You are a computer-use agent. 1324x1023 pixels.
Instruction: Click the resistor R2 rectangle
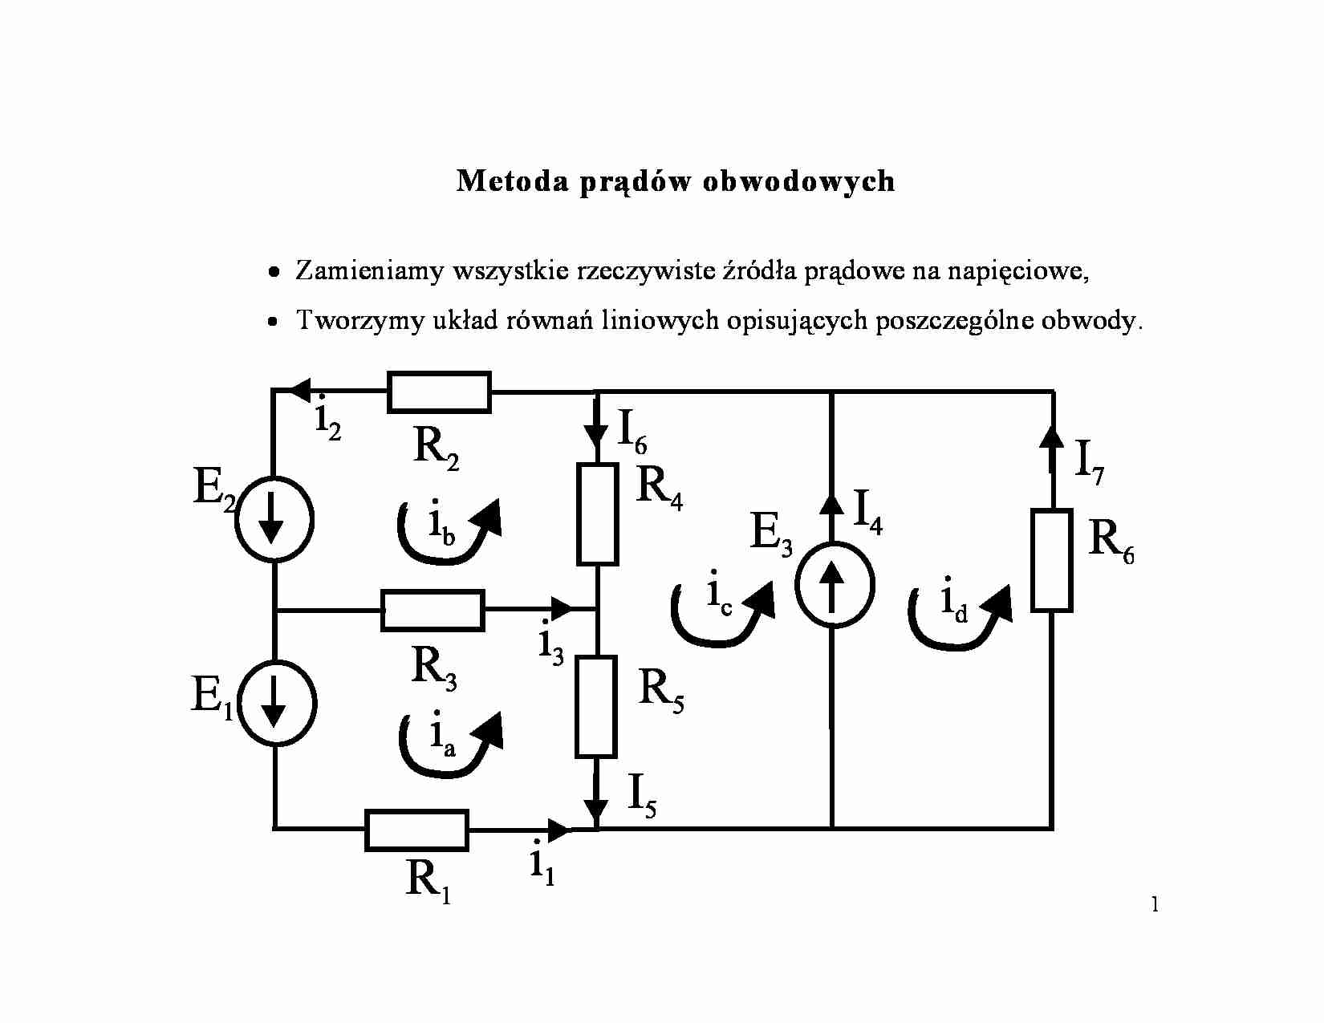(439, 392)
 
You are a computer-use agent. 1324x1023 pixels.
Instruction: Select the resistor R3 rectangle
(433, 611)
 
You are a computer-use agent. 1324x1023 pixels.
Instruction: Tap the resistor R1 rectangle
(416, 830)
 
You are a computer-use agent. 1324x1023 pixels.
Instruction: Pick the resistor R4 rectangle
(598, 514)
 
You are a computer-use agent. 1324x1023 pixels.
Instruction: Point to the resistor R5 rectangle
(596, 707)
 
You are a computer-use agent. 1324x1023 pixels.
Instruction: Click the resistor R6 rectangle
(1051, 561)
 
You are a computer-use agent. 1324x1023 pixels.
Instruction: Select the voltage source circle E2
(274, 520)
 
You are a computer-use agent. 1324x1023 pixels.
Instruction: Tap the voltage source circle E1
(275, 704)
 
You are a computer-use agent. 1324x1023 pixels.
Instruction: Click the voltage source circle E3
(834, 584)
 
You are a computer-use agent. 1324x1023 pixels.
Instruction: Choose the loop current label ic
(719, 595)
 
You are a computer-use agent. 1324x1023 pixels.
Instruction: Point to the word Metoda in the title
(512, 181)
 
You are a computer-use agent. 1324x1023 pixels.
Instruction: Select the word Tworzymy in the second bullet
(360, 321)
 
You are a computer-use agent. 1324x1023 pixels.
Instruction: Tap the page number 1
(1155, 905)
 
